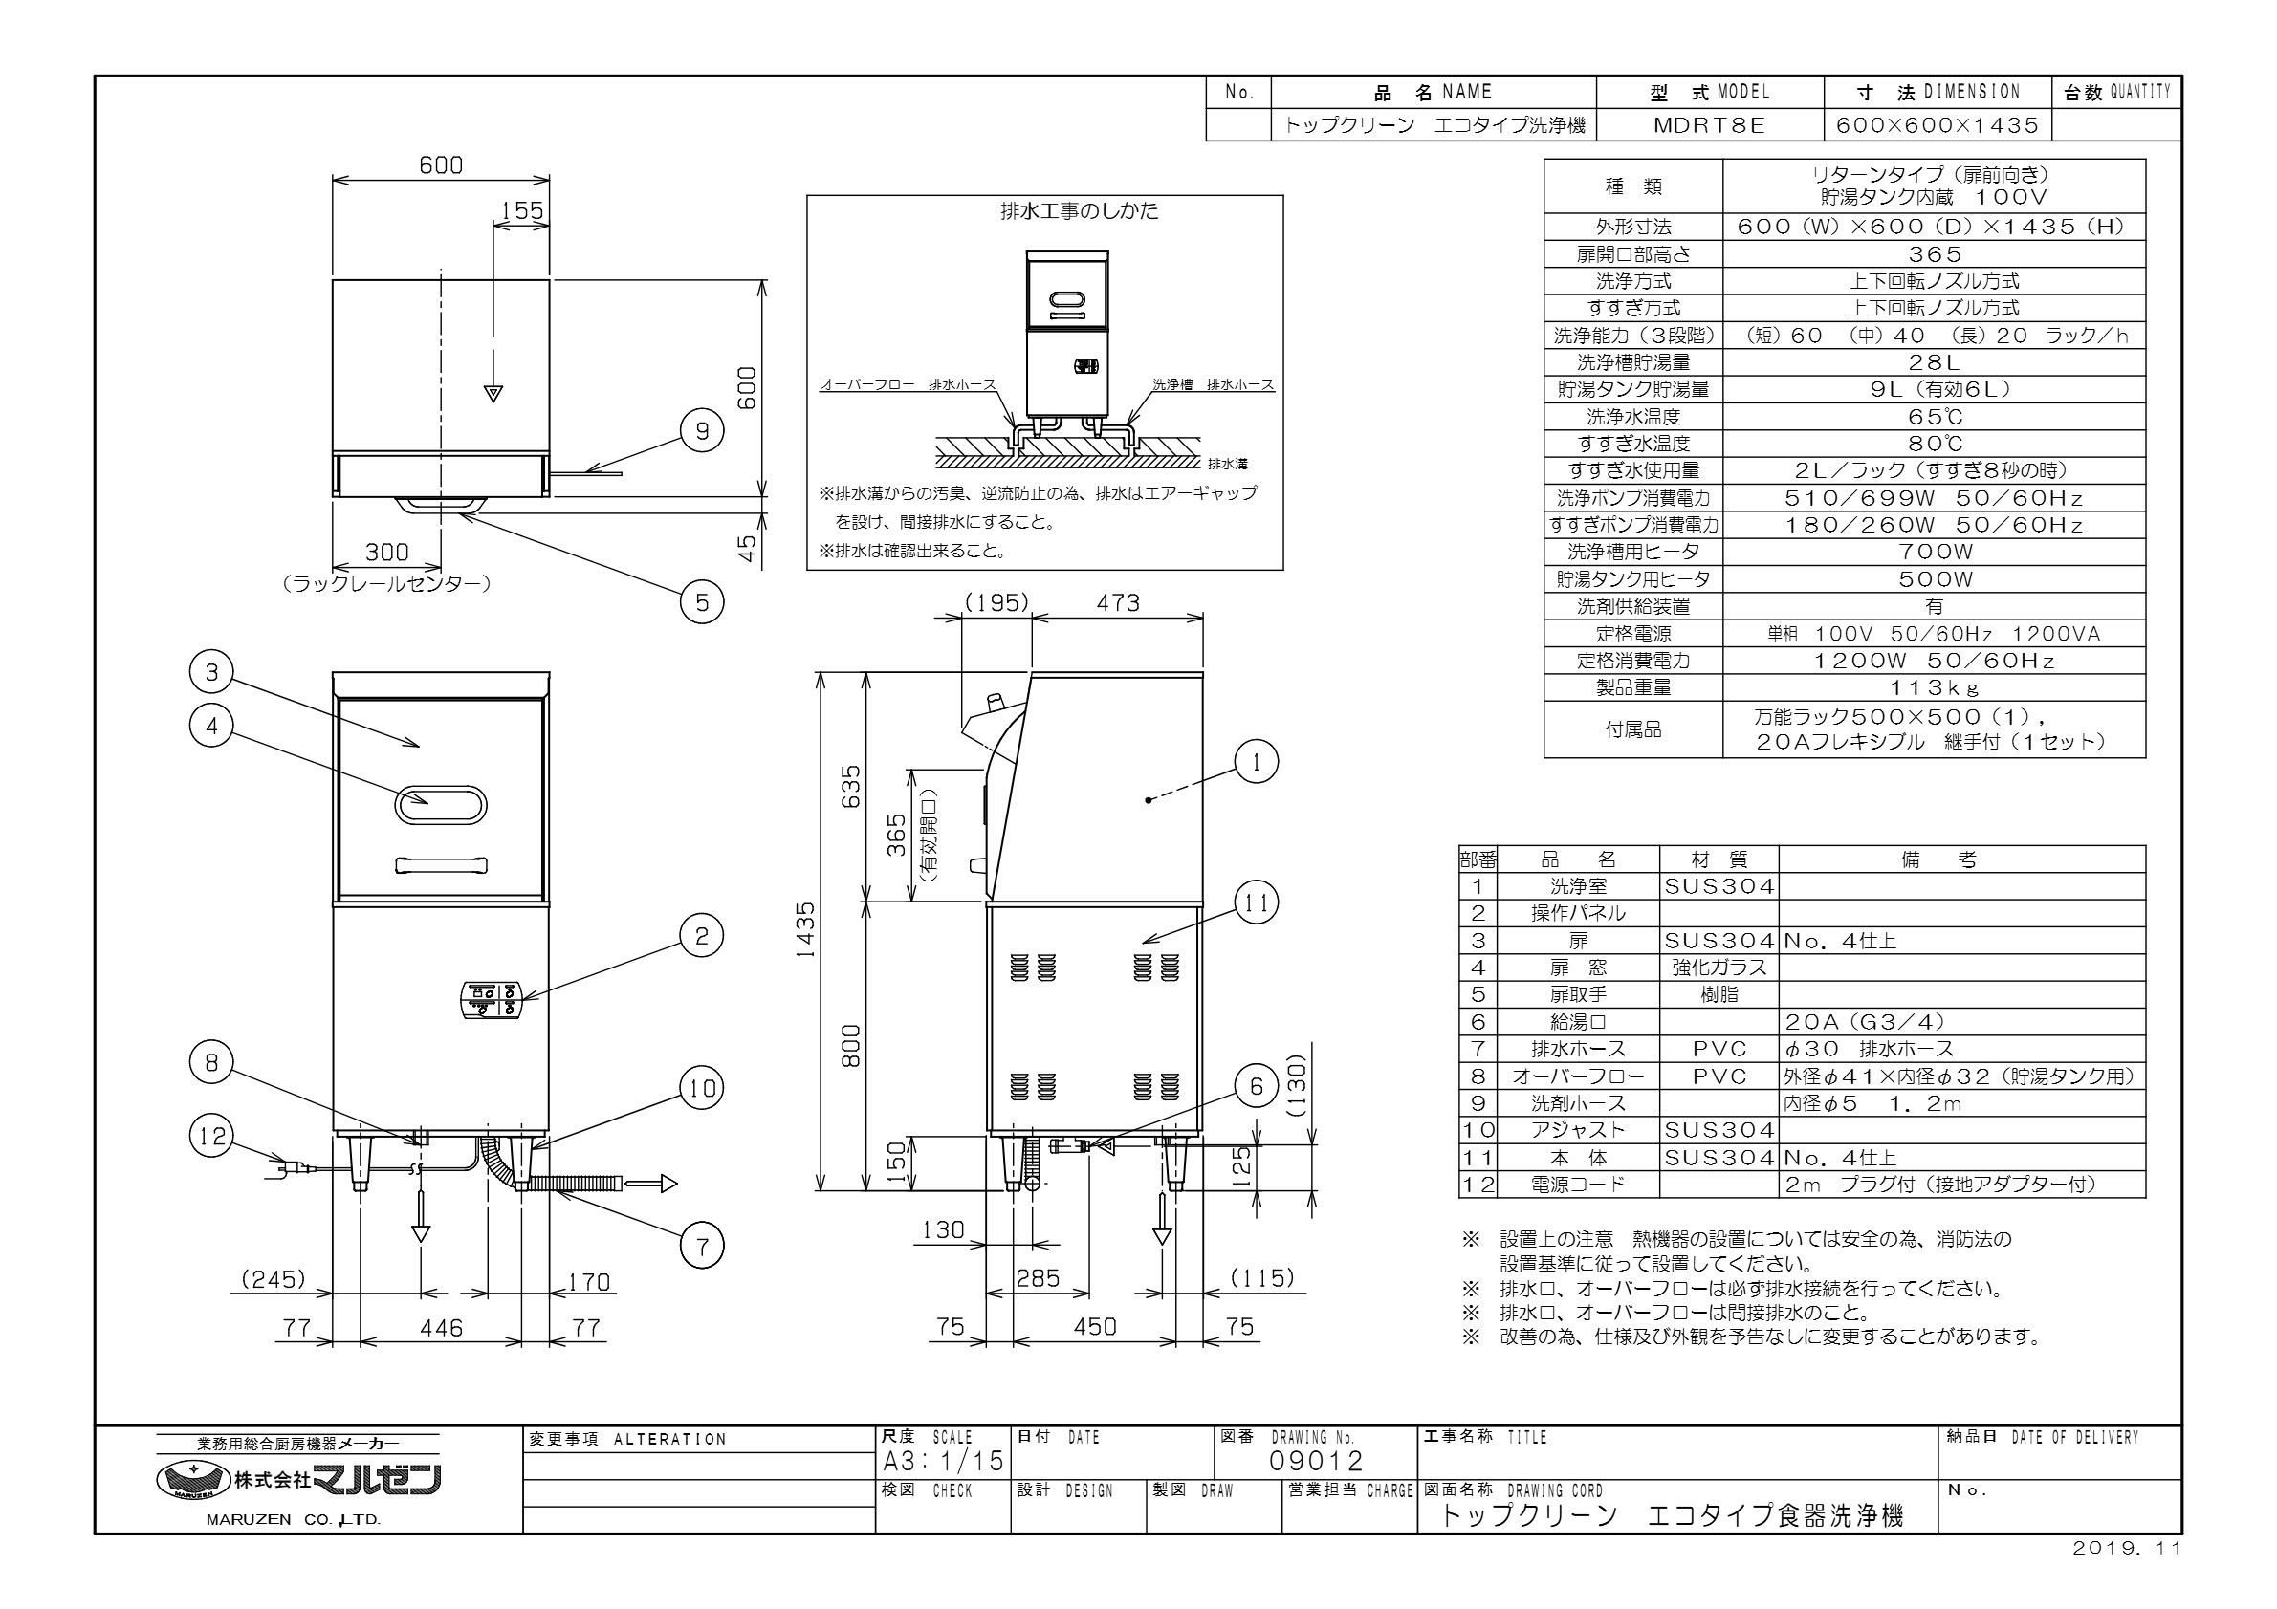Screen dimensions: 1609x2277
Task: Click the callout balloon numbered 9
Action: pos(702,430)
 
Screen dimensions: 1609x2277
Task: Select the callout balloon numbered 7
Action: pos(702,1246)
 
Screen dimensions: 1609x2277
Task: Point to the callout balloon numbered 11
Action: pos(1257,902)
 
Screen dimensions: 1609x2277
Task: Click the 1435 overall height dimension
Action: pos(808,930)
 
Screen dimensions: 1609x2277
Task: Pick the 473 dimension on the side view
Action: pos(1118,602)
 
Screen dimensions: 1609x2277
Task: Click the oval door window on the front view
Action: pos(441,805)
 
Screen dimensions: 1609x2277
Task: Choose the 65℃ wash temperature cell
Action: pos(1933,418)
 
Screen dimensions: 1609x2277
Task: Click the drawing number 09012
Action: pos(1316,1461)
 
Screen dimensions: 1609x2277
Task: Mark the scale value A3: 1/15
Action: pos(942,1461)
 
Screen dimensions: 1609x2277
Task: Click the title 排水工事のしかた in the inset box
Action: pos(1078,211)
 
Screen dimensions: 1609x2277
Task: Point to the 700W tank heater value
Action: pos(1933,553)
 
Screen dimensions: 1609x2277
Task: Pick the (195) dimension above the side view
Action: pos(996,602)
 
